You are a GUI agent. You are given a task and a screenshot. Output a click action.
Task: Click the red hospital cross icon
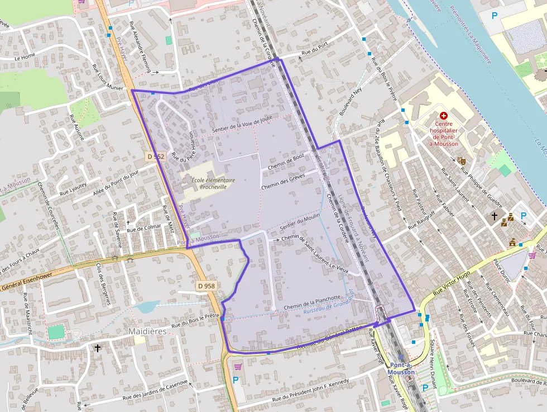coord(444,115)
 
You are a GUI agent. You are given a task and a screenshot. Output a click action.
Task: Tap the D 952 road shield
coord(156,157)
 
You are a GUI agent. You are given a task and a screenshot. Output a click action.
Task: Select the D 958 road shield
coord(206,286)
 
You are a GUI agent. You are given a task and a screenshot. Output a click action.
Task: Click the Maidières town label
coord(147,331)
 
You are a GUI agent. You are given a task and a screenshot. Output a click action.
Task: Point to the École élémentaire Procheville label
coord(213,183)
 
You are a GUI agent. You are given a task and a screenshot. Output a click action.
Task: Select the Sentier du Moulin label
coord(300,220)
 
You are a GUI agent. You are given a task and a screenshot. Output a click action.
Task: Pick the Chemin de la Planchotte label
coord(312,302)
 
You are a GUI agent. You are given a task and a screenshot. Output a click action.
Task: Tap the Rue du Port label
coord(314,52)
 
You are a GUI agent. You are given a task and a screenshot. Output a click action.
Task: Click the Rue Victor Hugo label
coord(452,283)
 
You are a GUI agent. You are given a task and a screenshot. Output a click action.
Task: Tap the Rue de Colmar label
coord(143,228)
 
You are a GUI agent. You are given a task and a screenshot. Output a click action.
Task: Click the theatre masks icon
coord(462,160)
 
